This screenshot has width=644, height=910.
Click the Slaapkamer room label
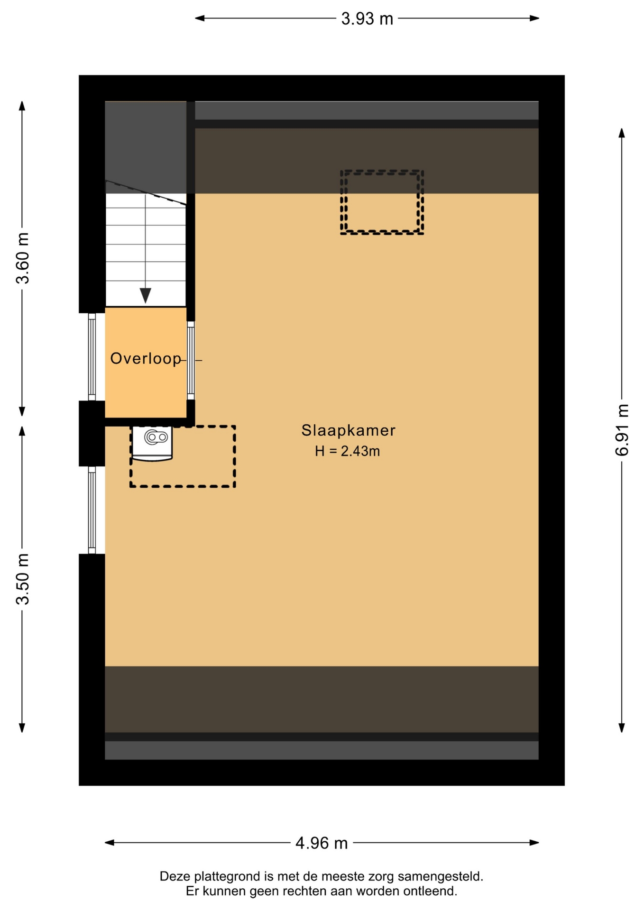[348, 430]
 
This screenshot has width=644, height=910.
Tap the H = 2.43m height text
[348, 451]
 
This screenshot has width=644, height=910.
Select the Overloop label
[146, 359]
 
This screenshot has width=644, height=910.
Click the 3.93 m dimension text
[367, 19]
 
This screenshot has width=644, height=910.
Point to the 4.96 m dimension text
[322, 843]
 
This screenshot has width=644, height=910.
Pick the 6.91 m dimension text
[622, 430]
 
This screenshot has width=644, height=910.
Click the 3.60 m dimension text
[22, 258]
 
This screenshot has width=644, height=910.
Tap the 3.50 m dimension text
[22, 579]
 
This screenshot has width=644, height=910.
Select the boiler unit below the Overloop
[152, 444]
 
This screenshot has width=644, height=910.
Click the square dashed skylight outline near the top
[382, 202]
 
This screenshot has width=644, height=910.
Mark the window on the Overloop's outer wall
[92, 357]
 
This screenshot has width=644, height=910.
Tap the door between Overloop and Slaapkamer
[191, 361]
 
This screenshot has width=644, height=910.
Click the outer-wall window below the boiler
[92, 510]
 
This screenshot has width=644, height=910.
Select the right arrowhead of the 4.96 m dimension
[534, 843]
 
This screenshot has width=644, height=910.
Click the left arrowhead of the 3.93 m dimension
[200, 18]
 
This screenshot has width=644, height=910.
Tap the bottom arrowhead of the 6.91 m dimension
[622, 728]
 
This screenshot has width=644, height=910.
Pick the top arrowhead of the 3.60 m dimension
[22, 106]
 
